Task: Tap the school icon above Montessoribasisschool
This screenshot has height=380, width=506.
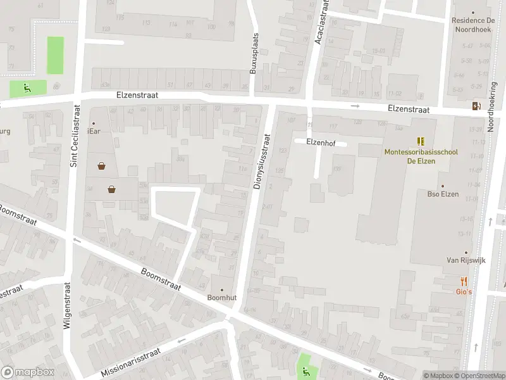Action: point(421,141)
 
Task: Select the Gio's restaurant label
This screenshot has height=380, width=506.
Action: point(464,291)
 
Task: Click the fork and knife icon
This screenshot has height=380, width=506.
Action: point(464,281)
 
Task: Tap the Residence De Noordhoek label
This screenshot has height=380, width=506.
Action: point(477,24)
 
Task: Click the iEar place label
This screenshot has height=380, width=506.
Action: point(94,130)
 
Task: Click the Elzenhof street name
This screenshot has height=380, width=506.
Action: point(320,142)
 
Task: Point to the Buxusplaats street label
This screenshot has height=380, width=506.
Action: point(254,54)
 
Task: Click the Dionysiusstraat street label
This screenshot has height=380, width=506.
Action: point(261,162)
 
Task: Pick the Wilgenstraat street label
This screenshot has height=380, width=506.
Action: point(66,308)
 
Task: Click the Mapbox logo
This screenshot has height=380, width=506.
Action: point(28,372)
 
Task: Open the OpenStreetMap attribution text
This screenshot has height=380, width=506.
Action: point(478,376)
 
